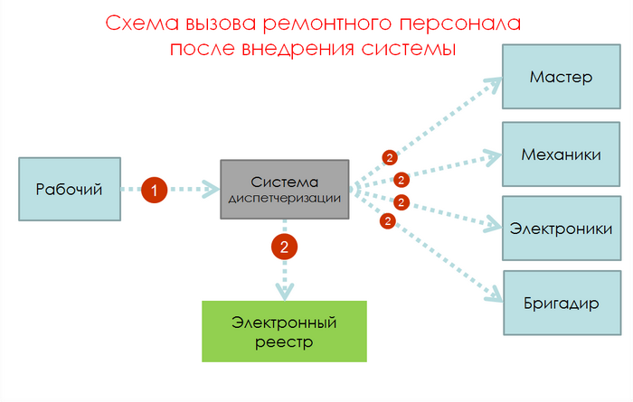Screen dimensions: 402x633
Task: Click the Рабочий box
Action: click(x=69, y=189)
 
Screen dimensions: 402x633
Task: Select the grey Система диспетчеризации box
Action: click(x=285, y=189)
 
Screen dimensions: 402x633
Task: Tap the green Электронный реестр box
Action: click(x=284, y=332)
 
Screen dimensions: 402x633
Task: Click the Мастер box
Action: click(x=561, y=76)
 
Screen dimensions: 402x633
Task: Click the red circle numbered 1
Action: click(x=155, y=190)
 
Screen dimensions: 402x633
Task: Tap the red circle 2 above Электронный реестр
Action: click(x=285, y=246)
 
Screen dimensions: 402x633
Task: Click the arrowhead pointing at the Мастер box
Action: click(x=493, y=84)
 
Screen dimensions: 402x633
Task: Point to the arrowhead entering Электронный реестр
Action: click(x=285, y=292)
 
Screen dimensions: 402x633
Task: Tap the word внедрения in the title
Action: click(x=292, y=48)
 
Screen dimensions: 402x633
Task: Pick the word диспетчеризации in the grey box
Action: click(x=284, y=198)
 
